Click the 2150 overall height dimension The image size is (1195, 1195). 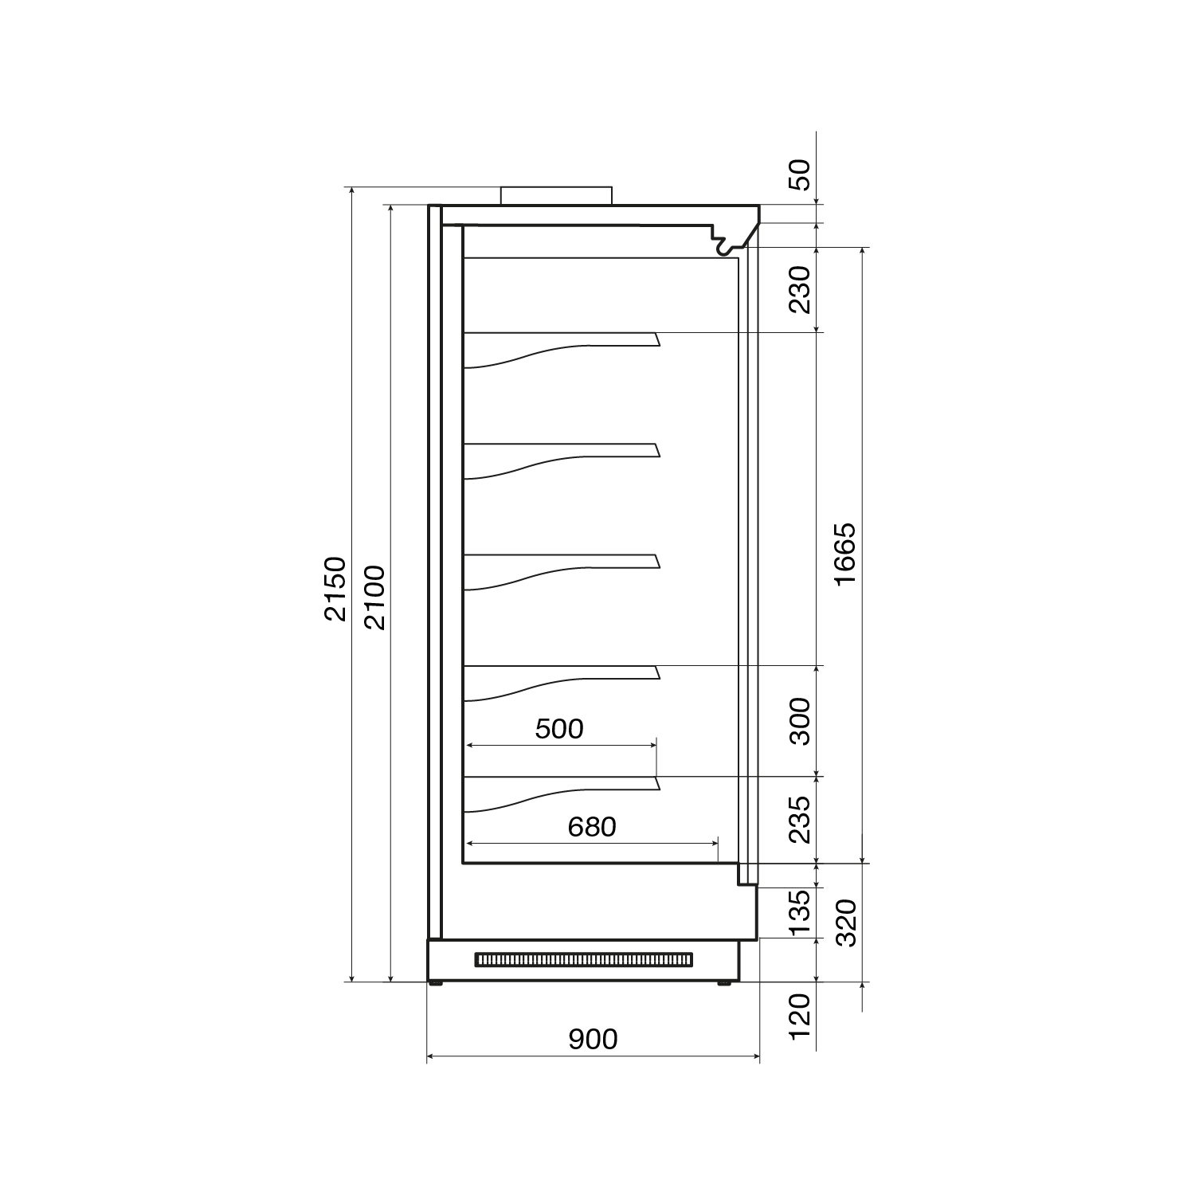click(335, 589)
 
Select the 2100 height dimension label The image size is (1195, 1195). click(373, 597)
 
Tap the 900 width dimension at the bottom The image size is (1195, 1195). click(593, 1039)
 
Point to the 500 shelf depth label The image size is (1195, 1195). click(559, 728)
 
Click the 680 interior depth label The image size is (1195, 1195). click(592, 827)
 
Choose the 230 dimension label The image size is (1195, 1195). click(799, 289)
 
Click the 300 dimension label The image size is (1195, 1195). click(799, 721)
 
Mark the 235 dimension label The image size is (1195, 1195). click(799, 819)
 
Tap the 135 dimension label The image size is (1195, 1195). click(799, 911)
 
